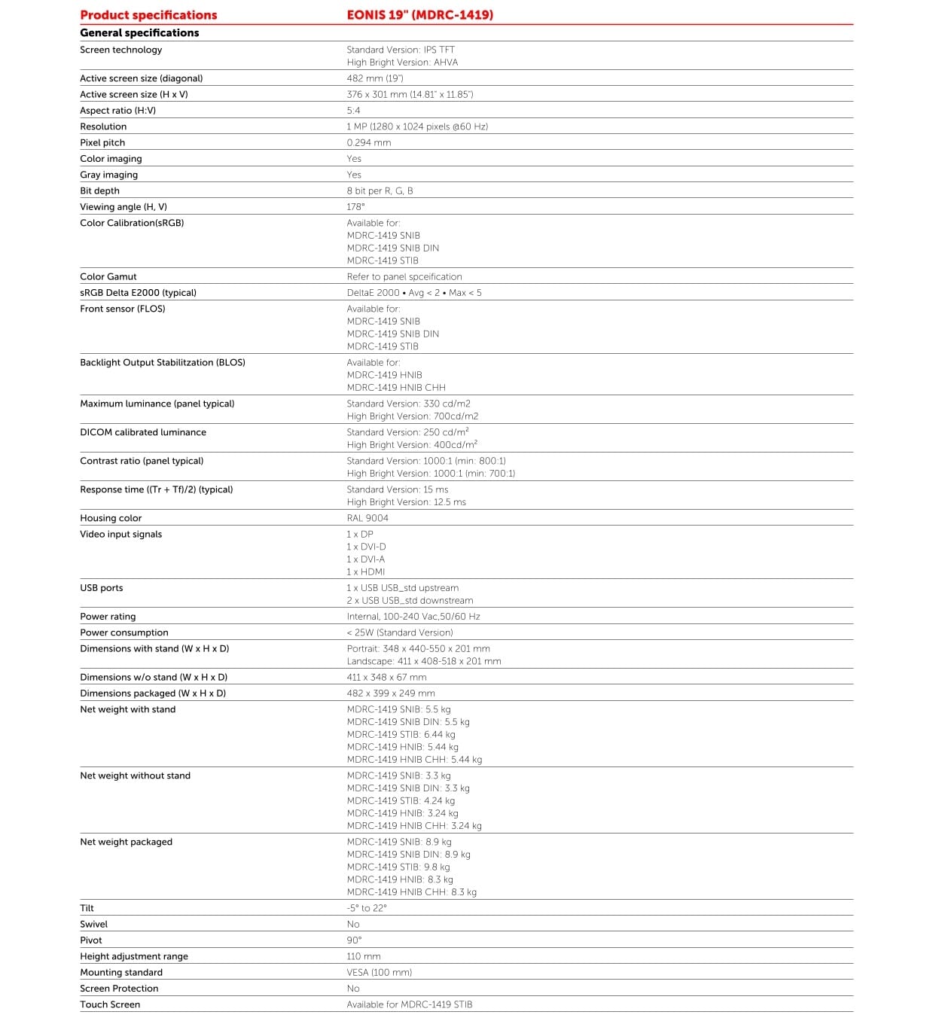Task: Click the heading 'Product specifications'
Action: pyautogui.click(x=148, y=15)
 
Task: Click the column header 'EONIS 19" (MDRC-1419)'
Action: pyautogui.click(x=419, y=15)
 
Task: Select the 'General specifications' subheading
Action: pyautogui.click(x=139, y=33)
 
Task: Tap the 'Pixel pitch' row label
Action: pyautogui.click(x=102, y=143)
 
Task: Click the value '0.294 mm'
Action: pyautogui.click(x=368, y=143)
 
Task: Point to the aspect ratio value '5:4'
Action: pyautogui.click(x=353, y=111)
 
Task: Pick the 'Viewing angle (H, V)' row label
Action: pyautogui.click(x=123, y=207)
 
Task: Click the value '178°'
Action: pyautogui.click(x=355, y=207)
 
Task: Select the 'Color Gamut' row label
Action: pyautogui.click(x=108, y=277)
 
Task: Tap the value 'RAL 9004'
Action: pyautogui.click(x=367, y=518)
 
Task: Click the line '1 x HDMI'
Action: pyautogui.click(x=365, y=572)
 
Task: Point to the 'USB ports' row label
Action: pyautogui.click(x=101, y=588)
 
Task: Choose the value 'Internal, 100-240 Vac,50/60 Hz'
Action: pyautogui.click(x=413, y=617)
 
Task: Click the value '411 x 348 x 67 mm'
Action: pyautogui.click(x=386, y=678)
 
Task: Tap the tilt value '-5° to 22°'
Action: pyautogui.click(x=366, y=909)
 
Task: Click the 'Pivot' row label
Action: pyautogui.click(x=91, y=940)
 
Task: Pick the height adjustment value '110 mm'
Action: pyautogui.click(x=364, y=957)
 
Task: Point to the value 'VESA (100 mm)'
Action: pyautogui.click(x=379, y=973)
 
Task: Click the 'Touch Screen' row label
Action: pyautogui.click(x=110, y=1005)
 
